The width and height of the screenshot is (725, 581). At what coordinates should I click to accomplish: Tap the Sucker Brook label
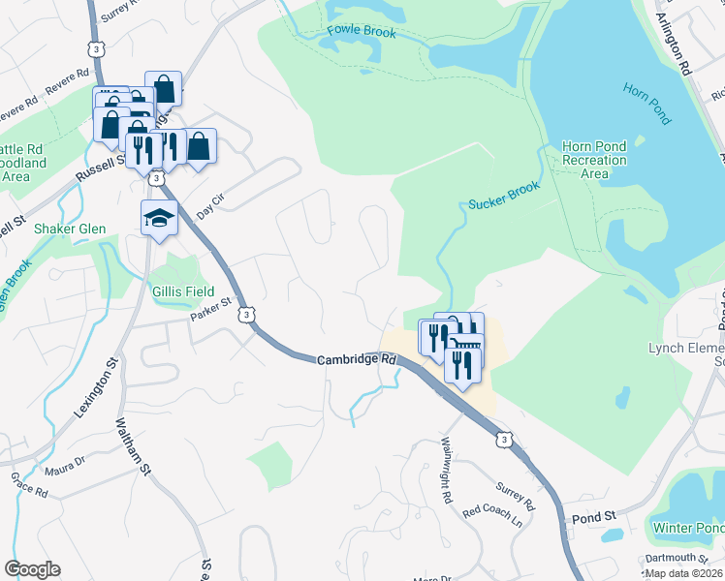click(503, 196)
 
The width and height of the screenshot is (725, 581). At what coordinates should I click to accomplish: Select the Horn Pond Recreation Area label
click(595, 160)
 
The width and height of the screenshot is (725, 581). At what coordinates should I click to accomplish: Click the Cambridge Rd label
click(358, 359)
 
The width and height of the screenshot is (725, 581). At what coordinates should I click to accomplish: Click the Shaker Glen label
click(70, 229)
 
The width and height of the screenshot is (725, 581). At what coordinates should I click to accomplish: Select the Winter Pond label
click(687, 528)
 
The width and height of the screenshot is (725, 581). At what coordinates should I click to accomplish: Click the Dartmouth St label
click(677, 558)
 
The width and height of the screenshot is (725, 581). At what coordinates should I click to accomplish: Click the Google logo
click(32, 569)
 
